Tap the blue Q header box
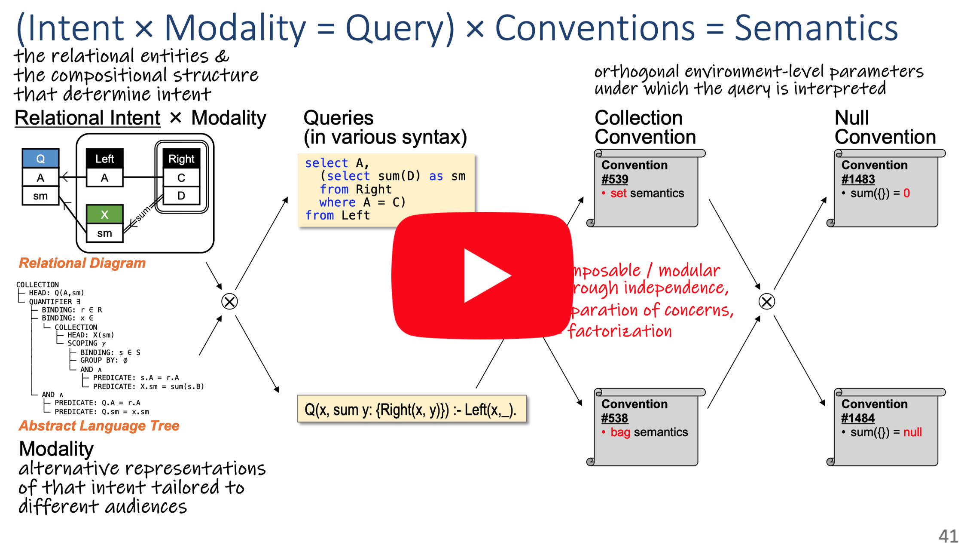40,159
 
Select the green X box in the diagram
104,214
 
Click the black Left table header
104,159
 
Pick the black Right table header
181,159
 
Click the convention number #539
614,179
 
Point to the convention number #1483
858,179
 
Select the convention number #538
614,418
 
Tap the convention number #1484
858,418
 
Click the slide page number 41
948,536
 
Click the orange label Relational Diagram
82,263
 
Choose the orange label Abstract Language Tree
99,425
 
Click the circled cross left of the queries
229,301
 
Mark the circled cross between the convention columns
766,301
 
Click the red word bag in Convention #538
620,432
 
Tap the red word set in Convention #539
618,193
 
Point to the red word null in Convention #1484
912,432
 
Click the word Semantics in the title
816,28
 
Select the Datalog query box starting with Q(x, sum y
411,409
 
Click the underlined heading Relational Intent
87,118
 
